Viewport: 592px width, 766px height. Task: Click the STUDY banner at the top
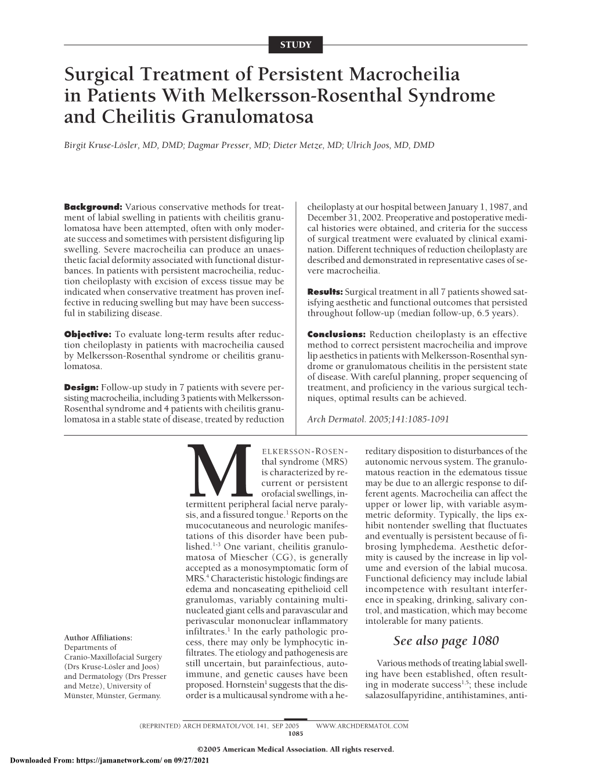coord(296,44)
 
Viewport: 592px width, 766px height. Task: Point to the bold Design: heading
coord(81,388)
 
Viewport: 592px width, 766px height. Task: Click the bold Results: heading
coord(324,292)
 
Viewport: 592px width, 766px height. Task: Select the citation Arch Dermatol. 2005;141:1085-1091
coord(377,419)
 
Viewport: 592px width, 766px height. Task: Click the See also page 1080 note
coord(446,641)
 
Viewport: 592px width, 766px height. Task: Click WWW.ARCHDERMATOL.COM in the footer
coord(362,725)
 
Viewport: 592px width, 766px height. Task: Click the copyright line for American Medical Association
coord(295,749)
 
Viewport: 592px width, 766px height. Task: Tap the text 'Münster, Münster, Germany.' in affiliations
coord(111,695)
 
